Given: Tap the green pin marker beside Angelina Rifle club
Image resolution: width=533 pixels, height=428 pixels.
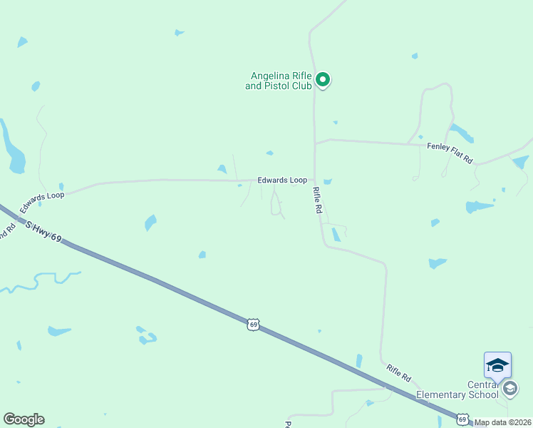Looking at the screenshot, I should pos(323,80).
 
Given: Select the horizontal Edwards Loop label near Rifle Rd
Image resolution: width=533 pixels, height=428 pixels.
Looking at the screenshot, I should pos(282,180).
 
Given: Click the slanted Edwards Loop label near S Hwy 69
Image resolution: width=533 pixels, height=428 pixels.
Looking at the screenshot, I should pos(42,203).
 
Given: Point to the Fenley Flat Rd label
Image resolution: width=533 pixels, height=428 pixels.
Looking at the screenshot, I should pos(450,153).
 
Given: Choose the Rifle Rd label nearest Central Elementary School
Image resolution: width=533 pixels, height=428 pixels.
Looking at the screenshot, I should pos(399,373).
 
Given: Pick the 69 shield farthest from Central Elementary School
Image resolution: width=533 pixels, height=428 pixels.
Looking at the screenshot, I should pos(254,325).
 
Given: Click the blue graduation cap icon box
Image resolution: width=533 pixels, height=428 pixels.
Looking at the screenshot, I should pos(497,365).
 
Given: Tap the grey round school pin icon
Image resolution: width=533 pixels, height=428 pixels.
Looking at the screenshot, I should pos(509,389).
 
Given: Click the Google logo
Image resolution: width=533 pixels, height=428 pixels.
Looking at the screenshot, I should pos(24,419).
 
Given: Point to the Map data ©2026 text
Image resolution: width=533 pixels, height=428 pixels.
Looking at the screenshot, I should pos(503,422).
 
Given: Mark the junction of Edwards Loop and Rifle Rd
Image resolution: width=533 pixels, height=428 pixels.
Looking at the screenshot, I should pos(315,180).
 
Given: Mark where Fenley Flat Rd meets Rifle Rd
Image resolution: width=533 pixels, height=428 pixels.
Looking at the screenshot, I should pos(316,142).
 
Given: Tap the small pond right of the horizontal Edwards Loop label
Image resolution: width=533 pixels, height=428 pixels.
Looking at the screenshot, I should pos(328,182).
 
